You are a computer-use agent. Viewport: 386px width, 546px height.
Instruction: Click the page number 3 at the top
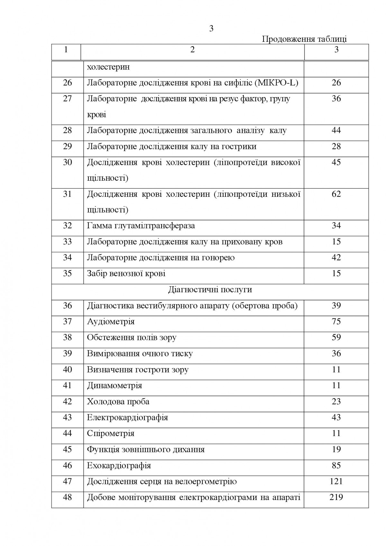(211, 29)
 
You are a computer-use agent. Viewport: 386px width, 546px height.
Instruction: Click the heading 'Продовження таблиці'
(304, 39)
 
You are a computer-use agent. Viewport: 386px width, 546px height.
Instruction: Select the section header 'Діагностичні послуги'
(210, 289)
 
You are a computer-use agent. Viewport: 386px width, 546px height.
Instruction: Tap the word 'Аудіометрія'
(111, 321)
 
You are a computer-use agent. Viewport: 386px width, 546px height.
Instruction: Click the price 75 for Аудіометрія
(336, 321)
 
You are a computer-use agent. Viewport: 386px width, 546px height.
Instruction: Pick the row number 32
(67, 225)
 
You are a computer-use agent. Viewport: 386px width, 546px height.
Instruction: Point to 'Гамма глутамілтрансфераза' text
(141, 225)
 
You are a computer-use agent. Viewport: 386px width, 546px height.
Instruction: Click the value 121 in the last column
(336, 481)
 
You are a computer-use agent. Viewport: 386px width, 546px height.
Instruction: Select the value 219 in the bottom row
(336, 497)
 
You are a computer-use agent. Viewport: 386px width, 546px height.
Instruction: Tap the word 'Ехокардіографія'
(119, 465)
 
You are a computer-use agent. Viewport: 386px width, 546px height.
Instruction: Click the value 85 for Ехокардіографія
(336, 465)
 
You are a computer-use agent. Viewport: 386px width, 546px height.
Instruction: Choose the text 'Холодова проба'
(118, 401)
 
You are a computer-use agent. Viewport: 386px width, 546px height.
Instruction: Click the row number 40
(67, 369)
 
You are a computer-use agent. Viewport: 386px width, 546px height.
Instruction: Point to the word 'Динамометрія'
(115, 385)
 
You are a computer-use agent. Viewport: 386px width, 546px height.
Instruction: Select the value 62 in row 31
(336, 194)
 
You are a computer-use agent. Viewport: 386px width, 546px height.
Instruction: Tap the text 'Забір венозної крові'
(126, 274)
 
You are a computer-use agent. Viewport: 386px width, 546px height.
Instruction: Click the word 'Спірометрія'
(111, 433)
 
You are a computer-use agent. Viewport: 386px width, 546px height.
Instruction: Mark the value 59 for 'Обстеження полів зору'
(336, 337)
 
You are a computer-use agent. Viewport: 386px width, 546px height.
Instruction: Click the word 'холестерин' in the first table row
(108, 67)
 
